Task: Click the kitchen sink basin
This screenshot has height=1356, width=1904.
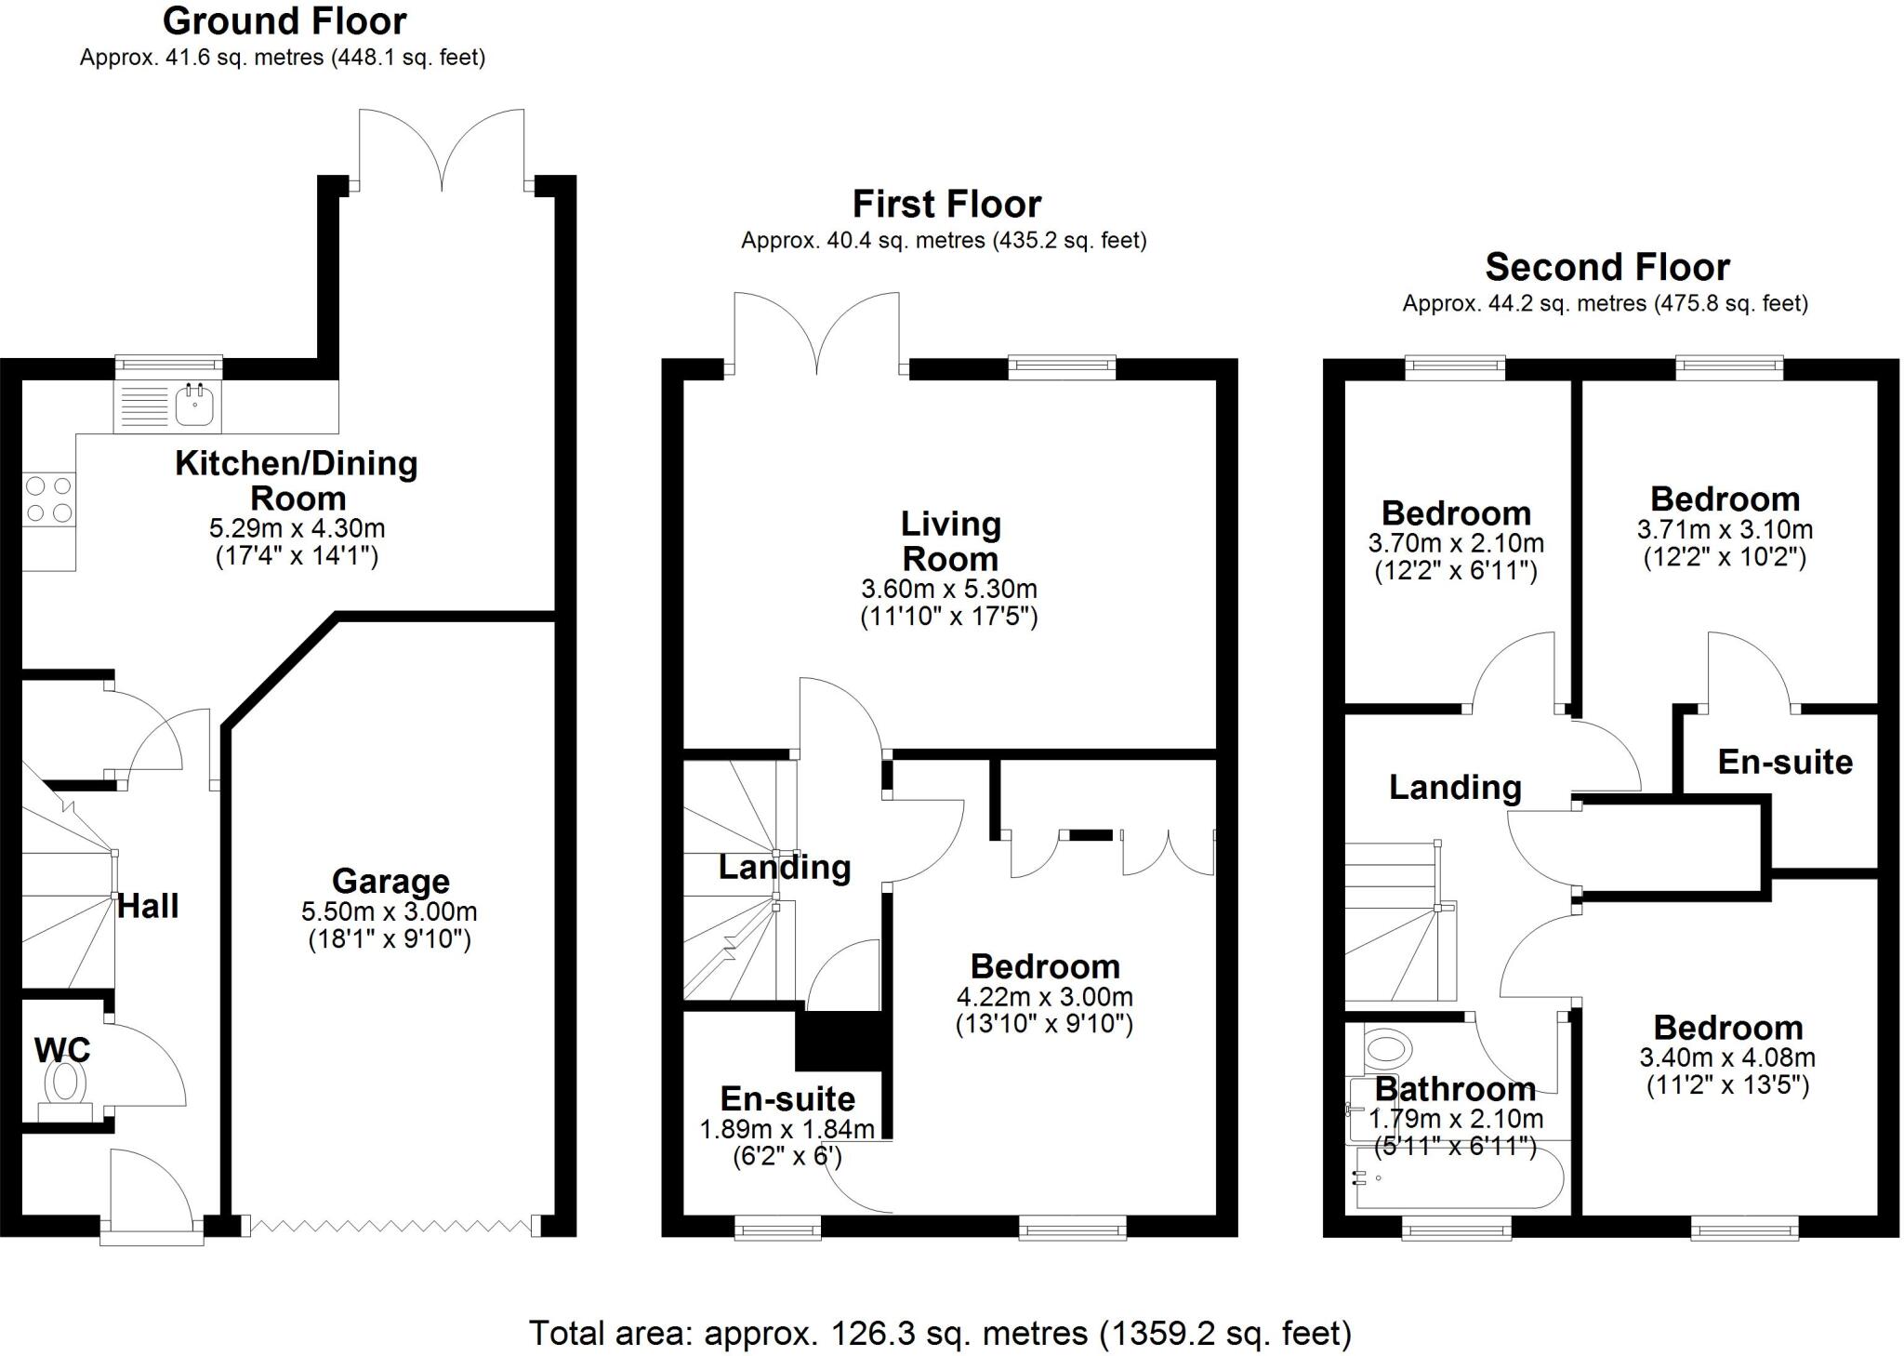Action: (x=195, y=405)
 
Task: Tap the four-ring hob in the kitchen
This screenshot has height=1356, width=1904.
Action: (x=49, y=499)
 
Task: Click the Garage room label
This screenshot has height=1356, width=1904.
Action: (x=390, y=881)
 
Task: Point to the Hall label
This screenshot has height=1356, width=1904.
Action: (x=149, y=906)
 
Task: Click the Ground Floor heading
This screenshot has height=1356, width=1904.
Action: (x=284, y=20)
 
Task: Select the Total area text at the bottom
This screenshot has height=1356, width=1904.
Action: (x=940, y=1333)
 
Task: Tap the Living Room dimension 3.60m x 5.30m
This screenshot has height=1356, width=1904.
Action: (x=949, y=589)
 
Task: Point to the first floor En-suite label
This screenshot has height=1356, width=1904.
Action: (x=787, y=1098)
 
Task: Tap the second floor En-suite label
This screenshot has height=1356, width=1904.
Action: (x=1785, y=762)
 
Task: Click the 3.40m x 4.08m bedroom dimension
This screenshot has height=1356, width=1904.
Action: (x=1727, y=1057)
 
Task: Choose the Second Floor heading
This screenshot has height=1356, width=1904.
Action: (x=1606, y=267)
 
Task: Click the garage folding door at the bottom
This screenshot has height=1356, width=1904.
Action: (x=390, y=1228)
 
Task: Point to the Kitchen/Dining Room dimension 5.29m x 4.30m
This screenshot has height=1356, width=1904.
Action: (x=297, y=528)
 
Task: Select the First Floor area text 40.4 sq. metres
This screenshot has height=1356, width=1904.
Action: (x=944, y=241)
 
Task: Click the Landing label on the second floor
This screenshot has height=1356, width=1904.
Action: (x=1455, y=787)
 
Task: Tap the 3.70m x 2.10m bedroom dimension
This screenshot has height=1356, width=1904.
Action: (x=1456, y=543)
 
